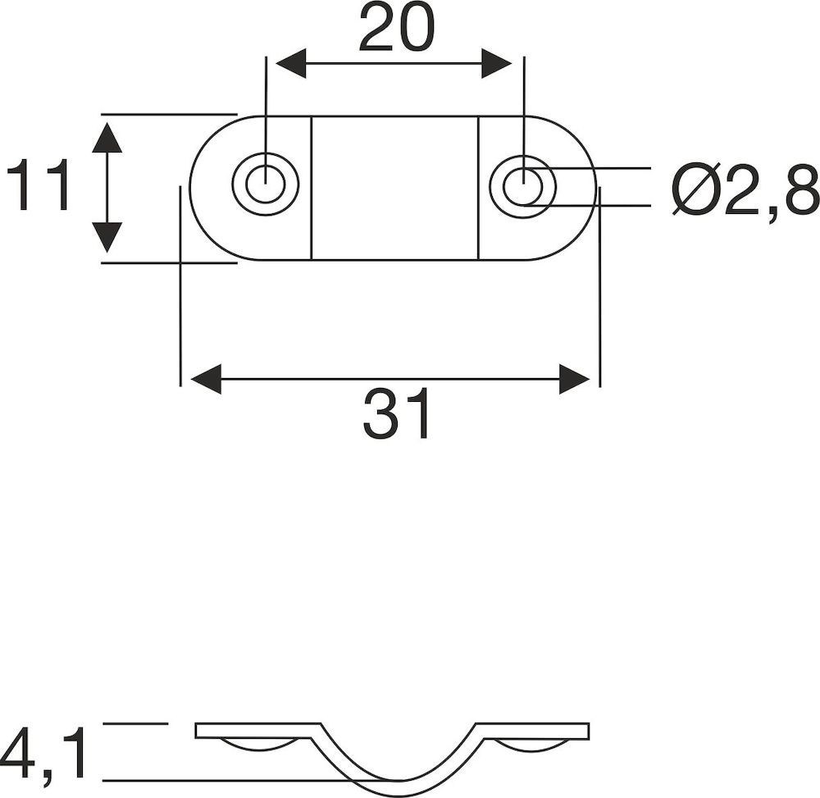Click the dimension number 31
coord(396,414)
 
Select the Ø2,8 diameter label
coord(745,189)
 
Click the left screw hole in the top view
coord(266,184)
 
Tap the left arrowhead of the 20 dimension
coord(291,64)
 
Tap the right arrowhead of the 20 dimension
coord(496,64)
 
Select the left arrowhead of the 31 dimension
coord(206,379)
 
